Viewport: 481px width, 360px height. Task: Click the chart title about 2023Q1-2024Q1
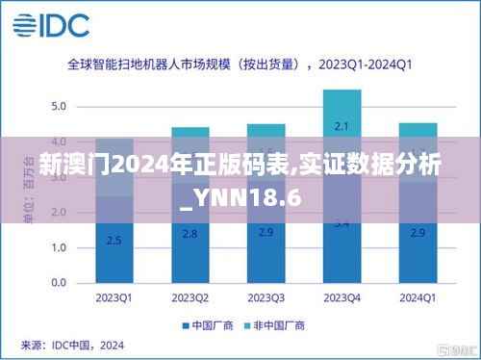pyautogui.click(x=240, y=66)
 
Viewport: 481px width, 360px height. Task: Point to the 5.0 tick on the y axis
pyautogui.click(x=59, y=105)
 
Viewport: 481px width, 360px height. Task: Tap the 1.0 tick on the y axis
pyautogui.click(x=59, y=247)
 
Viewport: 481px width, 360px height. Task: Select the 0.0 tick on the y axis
pyautogui.click(x=59, y=283)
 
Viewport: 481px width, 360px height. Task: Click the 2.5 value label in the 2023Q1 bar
pyautogui.click(x=114, y=240)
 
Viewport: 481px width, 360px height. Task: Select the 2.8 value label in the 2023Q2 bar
pyautogui.click(x=190, y=234)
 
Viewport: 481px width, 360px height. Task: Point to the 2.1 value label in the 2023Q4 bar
pyautogui.click(x=342, y=126)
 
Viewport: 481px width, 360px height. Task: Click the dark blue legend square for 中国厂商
pyautogui.click(x=186, y=326)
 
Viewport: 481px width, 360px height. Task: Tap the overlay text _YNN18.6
pyautogui.click(x=240, y=199)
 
